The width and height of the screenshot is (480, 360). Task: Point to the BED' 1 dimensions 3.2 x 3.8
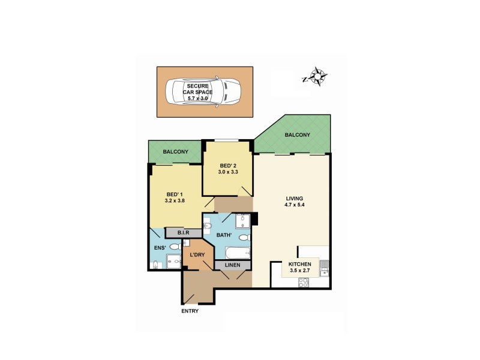(174, 201)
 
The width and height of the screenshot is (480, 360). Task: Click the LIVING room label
(295, 199)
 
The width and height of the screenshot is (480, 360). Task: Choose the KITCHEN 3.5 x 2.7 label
(299, 268)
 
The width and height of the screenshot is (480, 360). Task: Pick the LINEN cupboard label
(233, 265)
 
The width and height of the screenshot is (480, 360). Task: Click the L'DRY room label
(197, 255)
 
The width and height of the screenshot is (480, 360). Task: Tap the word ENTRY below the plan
(189, 311)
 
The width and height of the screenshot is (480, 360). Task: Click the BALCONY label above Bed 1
(175, 152)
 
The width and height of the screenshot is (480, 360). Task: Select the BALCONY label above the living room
(297, 135)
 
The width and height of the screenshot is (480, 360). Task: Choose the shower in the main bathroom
(243, 221)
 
